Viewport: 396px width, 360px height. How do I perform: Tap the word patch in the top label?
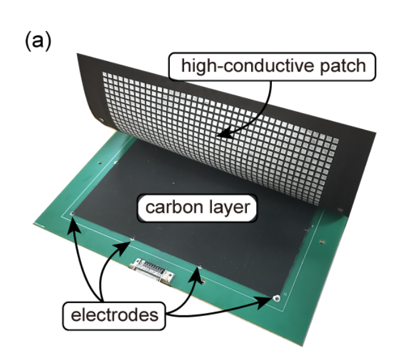tap(340, 65)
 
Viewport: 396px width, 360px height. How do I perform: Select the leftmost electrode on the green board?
tap(72, 213)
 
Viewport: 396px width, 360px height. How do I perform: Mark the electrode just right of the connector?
tap(200, 267)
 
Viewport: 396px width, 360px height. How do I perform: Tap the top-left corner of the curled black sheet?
tap(79, 53)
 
